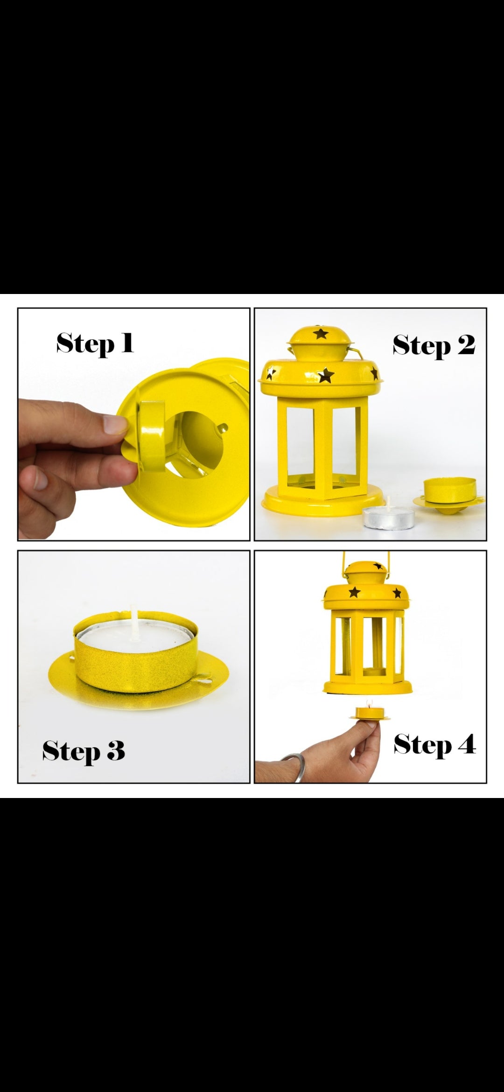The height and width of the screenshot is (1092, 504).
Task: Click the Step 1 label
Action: point(95,344)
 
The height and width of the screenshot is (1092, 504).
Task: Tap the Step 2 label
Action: point(434,346)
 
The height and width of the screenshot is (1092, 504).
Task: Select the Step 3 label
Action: point(84,751)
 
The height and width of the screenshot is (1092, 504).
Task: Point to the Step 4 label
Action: point(434,744)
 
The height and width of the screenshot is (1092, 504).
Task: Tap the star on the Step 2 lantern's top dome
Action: point(320,333)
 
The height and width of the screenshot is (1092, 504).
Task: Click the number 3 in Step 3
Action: point(114,752)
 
